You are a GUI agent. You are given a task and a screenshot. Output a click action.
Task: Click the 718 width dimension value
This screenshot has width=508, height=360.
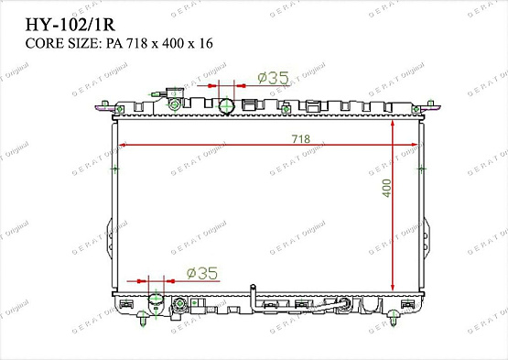301,138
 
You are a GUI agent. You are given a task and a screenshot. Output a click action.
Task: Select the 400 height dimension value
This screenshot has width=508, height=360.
386,189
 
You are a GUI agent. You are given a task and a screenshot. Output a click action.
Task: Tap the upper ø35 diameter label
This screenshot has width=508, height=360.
274,79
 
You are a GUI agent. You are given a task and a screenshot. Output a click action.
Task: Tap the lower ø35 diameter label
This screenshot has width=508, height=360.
201,272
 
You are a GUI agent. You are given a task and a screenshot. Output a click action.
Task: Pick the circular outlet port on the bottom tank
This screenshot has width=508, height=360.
155,301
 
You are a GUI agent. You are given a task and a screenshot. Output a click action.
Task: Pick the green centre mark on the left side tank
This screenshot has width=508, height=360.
114,169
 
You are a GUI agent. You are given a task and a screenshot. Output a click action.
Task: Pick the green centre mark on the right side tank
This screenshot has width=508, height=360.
420,169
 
